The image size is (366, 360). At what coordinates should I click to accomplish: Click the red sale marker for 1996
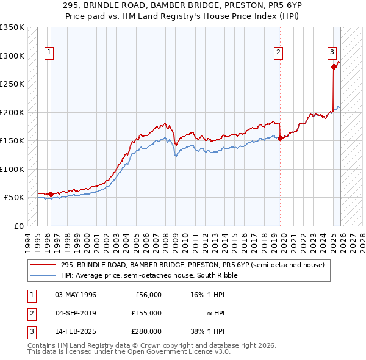[x=51, y=194]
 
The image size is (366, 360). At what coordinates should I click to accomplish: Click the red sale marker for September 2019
[x=280, y=138]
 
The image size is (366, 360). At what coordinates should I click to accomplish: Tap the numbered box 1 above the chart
[x=49, y=52]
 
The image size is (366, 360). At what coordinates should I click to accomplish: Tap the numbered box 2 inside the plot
[x=278, y=52]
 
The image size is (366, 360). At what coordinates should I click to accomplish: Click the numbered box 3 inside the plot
[x=332, y=52]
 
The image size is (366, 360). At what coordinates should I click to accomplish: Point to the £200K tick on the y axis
[x=12, y=112]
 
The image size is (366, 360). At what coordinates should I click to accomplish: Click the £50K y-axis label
[x=14, y=198]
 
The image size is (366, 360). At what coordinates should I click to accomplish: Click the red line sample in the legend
[x=44, y=265]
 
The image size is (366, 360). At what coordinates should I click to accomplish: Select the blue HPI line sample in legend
[x=44, y=275]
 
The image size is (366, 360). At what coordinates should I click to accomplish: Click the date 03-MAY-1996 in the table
[x=76, y=295]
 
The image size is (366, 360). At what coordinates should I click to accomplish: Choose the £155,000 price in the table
[x=146, y=312]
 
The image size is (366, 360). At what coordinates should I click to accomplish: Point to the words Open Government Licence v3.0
[x=182, y=352]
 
